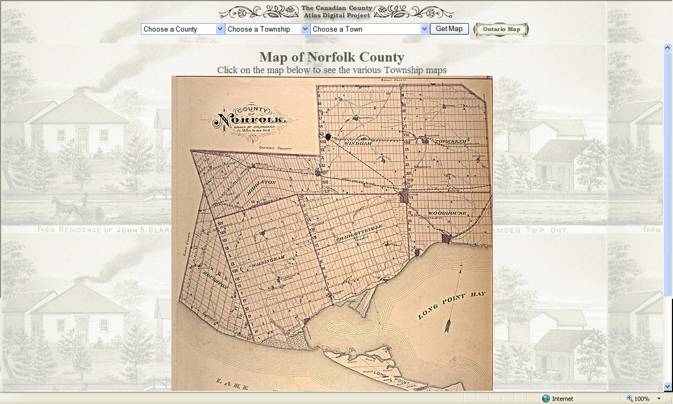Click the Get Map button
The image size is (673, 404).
pos(449,29)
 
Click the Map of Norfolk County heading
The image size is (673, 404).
pos(332,57)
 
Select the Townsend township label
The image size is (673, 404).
pos(451,142)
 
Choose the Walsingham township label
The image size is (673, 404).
pos(269,266)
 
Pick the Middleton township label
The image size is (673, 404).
pos(261,188)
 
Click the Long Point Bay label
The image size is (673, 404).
pos(452,305)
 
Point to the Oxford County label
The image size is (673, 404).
pos(276,149)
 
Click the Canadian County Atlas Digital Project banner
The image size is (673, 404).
pos(336,12)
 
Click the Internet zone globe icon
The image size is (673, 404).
pos(546,399)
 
